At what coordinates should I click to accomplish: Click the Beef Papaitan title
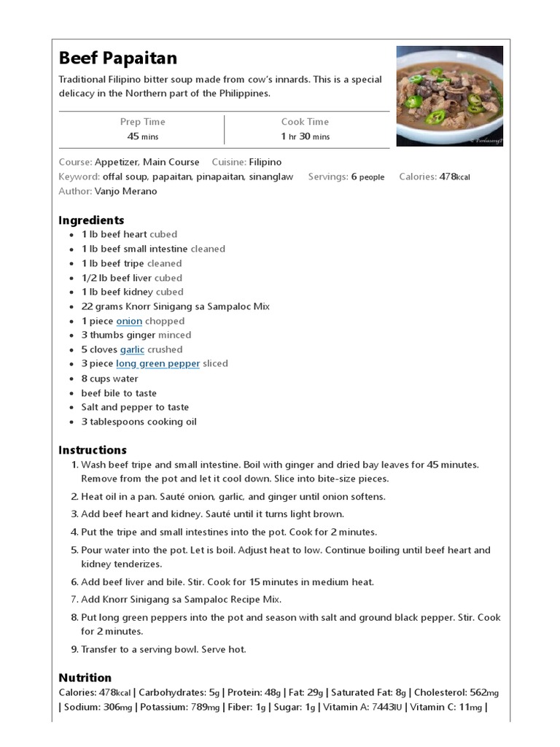click(117, 58)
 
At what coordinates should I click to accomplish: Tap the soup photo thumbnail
click(449, 96)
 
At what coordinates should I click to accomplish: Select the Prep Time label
click(142, 122)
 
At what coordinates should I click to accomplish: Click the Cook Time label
click(305, 122)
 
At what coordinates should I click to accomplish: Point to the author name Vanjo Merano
click(125, 191)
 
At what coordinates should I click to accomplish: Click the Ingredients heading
click(91, 220)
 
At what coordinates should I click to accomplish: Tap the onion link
click(129, 321)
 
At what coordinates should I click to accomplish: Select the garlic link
click(132, 349)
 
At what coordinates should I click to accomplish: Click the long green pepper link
click(157, 363)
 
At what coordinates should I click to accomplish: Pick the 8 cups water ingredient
click(109, 379)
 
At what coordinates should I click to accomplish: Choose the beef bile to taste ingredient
click(119, 393)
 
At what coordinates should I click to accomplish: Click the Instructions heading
click(93, 450)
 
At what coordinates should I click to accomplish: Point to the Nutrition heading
click(85, 678)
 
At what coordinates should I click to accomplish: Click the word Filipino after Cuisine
click(265, 162)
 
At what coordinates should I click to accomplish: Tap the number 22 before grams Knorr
click(87, 306)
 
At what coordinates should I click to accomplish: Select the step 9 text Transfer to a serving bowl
click(163, 649)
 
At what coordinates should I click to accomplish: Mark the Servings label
click(327, 177)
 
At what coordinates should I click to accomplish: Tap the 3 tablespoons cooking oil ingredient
click(139, 422)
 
